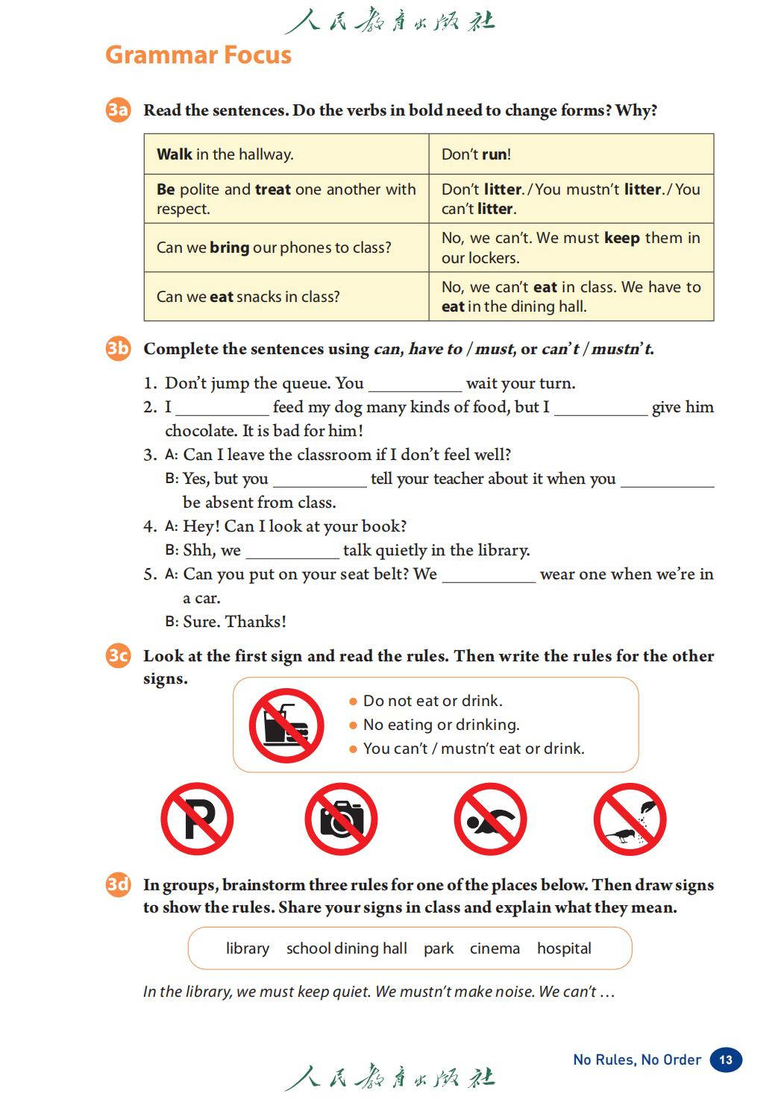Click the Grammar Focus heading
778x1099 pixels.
(x=198, y=55)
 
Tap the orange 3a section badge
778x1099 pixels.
(x=118, y=110)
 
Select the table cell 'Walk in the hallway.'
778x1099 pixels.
(x=286, y=154)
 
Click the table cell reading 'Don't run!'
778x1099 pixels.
(x=571, y=154)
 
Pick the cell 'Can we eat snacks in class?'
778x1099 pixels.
(x=286, y=297)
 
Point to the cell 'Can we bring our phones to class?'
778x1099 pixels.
(x=286, y=248)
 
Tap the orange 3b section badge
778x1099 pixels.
(x=118, y=349)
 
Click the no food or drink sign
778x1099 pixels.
(x=286, y=725)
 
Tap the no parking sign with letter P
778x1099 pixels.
(x=197, y=819)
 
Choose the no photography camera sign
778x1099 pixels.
(x=341, y=819)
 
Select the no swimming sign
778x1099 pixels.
(x=490, y=819)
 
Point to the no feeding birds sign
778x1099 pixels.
(x=630, y=819)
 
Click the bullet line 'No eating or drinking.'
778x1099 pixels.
(x=441, y=725)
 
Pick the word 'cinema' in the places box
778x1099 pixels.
(x=495, y=948)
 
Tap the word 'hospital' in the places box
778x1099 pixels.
(x=564, y=948)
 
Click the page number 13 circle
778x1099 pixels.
(x=726, y=1059)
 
